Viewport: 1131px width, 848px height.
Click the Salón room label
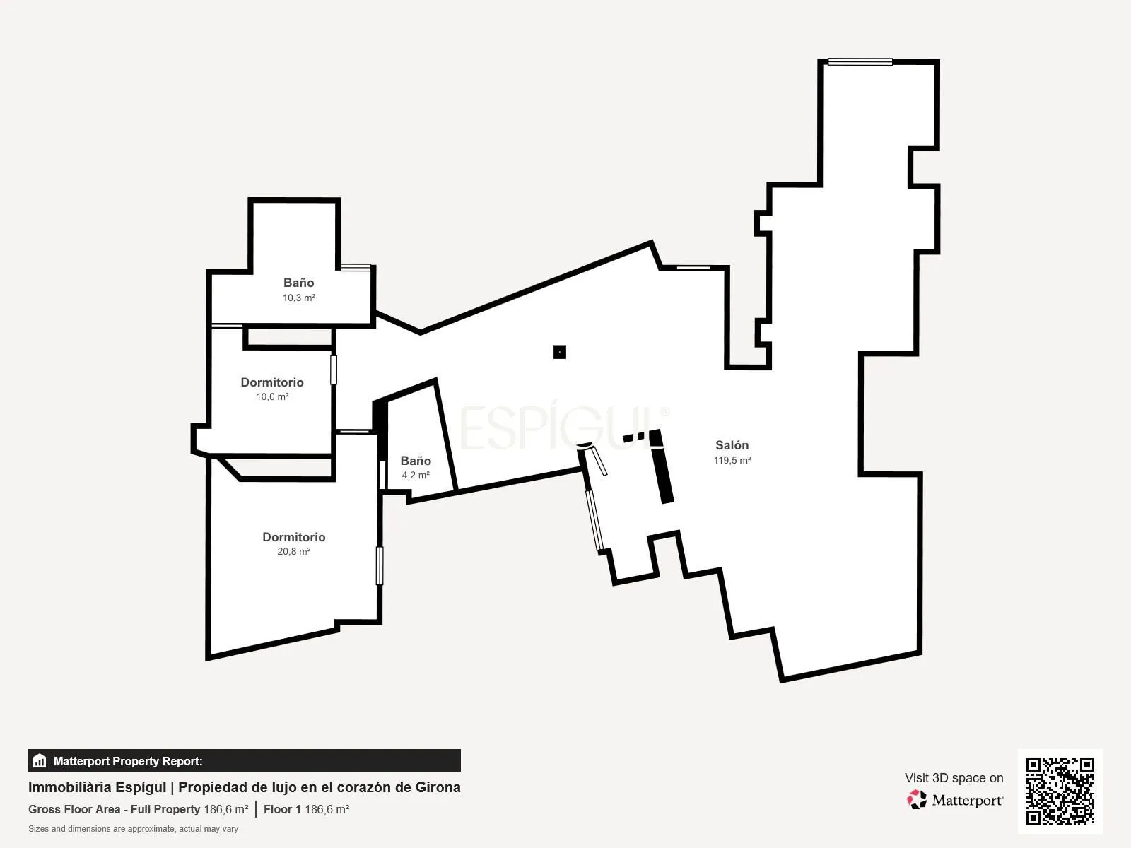point(732,445)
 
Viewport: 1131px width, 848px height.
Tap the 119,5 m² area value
point(732,460)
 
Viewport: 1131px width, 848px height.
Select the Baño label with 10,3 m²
point(299,283)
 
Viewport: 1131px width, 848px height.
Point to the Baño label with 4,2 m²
point(416,461)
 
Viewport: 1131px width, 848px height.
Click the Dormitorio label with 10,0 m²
point(272,382)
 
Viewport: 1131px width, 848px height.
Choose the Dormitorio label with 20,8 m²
point(293,537)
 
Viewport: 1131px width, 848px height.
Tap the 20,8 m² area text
point(293,552)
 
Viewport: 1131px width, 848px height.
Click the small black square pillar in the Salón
point(560,352)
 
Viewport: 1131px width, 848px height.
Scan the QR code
point(1060,791)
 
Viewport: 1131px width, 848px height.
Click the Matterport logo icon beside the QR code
point(917,800)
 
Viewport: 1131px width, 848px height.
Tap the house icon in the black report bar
point(40,760)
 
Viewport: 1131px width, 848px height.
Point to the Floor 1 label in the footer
point(282,809)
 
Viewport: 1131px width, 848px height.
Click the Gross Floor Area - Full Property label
point(114,809)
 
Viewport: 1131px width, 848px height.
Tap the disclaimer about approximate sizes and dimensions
point(133,829)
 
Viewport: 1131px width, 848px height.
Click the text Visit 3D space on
point(954,778)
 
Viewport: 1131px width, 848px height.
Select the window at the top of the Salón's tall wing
point(860,62)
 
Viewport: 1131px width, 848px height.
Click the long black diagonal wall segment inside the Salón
point(662,466)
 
